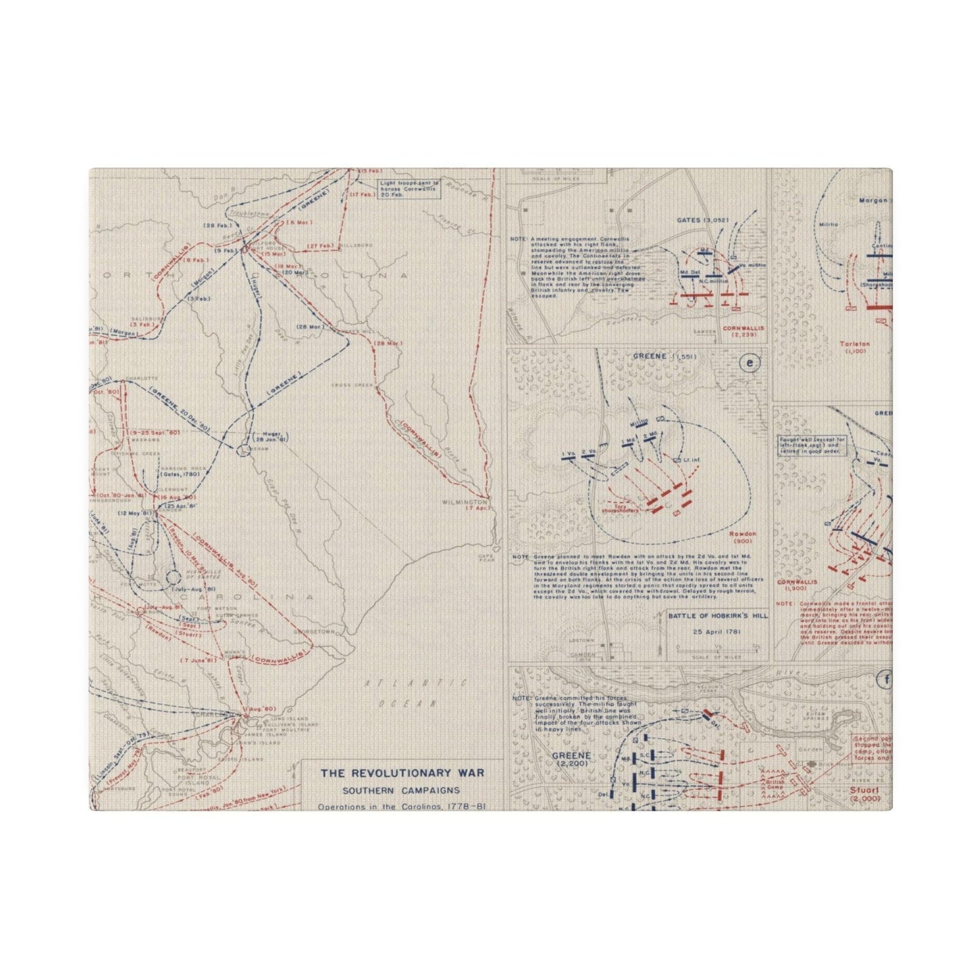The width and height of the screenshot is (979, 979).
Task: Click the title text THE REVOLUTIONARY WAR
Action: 402,773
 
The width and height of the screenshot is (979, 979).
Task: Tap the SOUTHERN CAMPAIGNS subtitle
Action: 401,790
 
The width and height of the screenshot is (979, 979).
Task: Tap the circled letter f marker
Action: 885,680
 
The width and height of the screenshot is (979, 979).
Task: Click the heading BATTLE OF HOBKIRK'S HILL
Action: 709,616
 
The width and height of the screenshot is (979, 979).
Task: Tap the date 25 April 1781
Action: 709,632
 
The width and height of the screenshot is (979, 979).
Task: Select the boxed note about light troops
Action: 409,188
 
